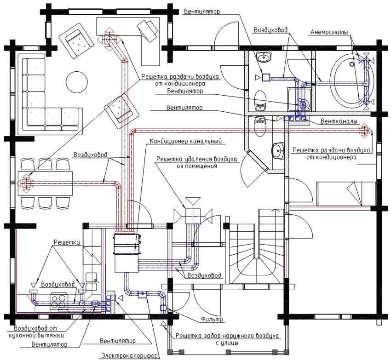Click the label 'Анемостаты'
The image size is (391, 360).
click(x=329, y=32)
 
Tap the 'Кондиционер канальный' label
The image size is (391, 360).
click(x=185, y=141)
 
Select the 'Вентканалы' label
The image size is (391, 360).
click(x=339, y=121)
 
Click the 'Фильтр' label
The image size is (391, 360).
click(x=212, y=319)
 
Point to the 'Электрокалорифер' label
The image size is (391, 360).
click(x=129, y=355)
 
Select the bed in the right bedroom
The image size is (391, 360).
click(x=346, y=194)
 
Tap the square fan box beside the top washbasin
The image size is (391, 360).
click(x=266, y=78)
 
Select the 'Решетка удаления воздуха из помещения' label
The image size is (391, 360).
click(x=197, y=162)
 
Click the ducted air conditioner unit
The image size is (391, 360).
click(x=126, y=253)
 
